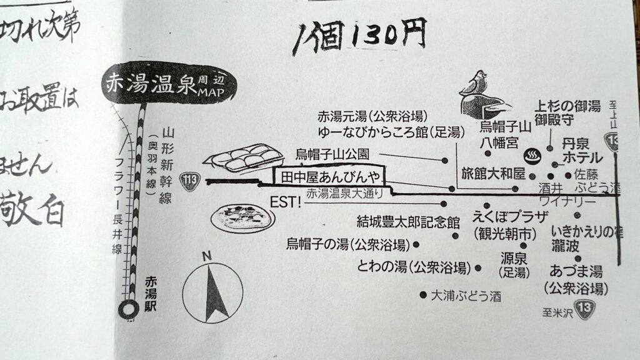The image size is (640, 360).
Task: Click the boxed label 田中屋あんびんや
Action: (x=328, y=177)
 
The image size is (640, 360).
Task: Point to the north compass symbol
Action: (x=212, y=292)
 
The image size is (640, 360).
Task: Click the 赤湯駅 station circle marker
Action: (x=129, y=308)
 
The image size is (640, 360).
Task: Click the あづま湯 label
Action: (x=575, y=271)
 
